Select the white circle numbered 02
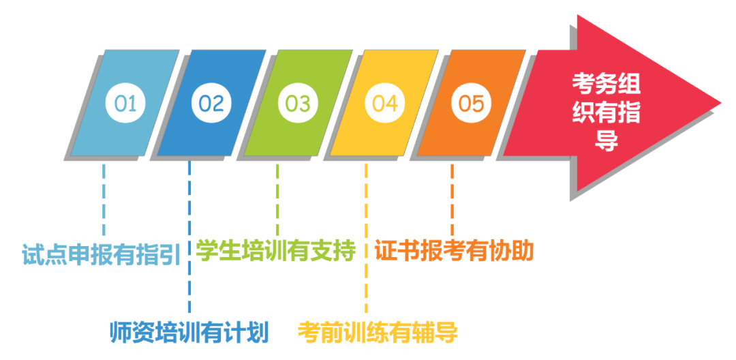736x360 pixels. (211, 104)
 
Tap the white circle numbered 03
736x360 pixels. (298, 104)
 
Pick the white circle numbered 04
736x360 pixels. (384, 104)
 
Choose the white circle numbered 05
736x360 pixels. (471, 104)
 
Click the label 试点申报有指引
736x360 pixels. (101, 254)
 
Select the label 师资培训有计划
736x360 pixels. (190, 332)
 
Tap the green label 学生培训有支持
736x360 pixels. (276, 250)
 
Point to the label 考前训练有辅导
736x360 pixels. (378, 332)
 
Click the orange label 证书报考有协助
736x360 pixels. (454, 251)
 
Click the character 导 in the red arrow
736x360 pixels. (607, 141)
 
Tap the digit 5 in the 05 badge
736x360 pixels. (478, 104)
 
